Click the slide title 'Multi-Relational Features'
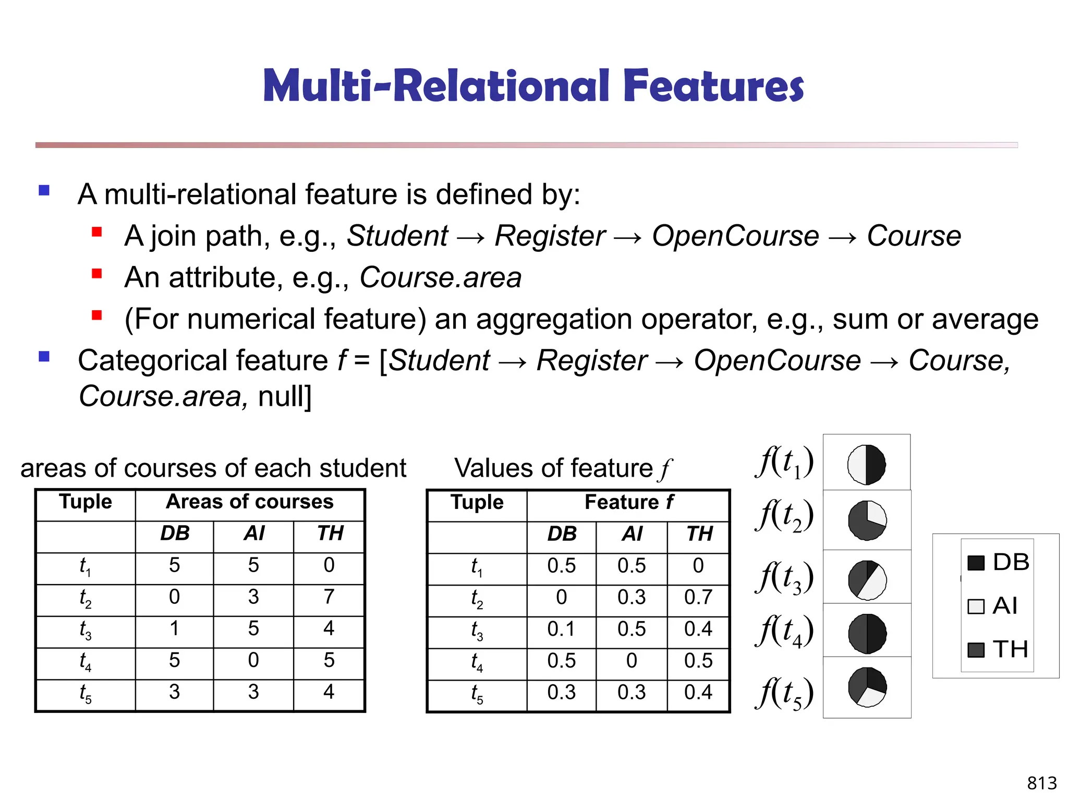(533, 86)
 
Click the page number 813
(1041, 783)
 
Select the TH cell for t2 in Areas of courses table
(329, 597)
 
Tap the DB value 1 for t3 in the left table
(174, 629)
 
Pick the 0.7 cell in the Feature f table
(698, 598)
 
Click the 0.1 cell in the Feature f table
(561, 629)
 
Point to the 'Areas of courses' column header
(249, 502)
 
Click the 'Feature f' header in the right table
(628, 503)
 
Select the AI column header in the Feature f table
(632, 534)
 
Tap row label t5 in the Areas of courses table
(86, 694)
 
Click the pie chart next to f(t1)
(866, 464)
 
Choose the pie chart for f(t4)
(867, 634)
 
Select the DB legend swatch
(975, 563)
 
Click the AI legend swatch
(975, 606)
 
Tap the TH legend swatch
(975, 650)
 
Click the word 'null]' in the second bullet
(284, 396)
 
